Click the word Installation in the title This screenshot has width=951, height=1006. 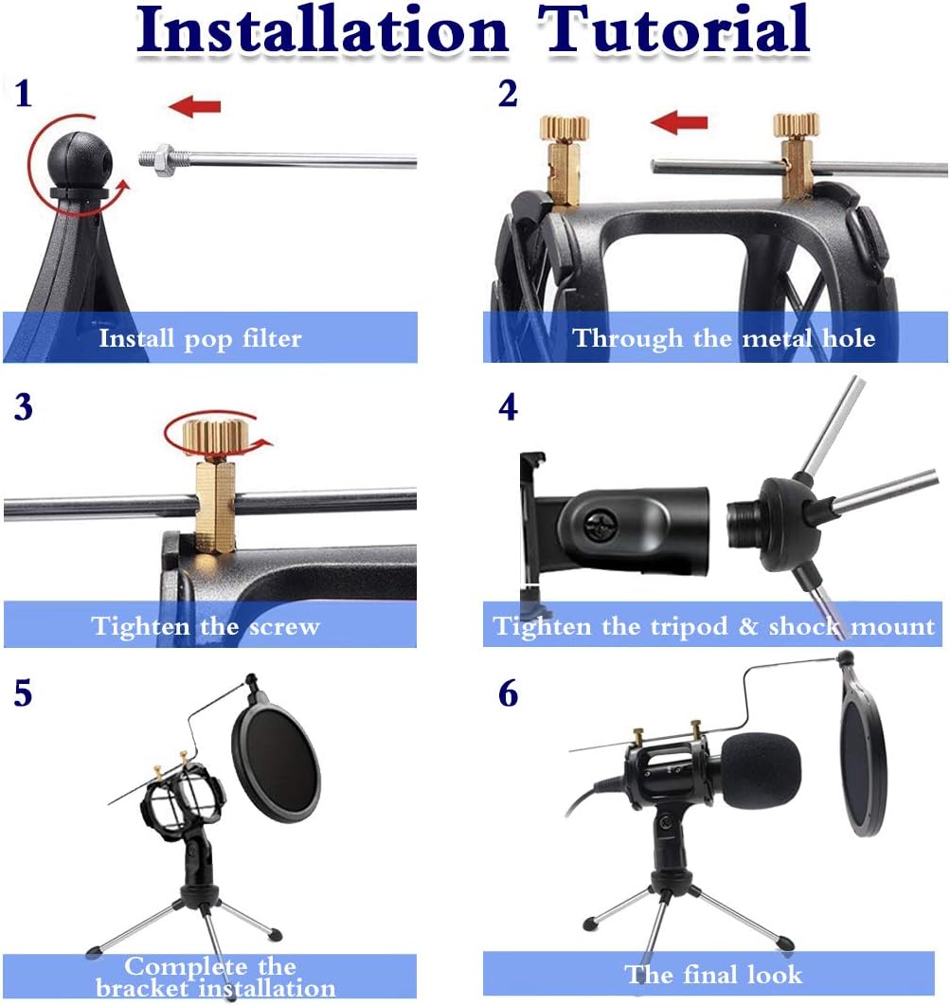click(322, 30)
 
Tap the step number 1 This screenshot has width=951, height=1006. click(24, 94)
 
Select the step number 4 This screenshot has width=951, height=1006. click(509, 406)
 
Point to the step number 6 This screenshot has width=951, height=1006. click(509, 694)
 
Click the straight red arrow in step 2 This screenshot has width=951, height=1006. click(679, 121)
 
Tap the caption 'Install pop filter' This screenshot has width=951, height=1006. click(200, 338)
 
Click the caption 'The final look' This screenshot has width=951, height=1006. click(712, 974)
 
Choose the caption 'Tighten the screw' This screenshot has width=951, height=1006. click(206, 626)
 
